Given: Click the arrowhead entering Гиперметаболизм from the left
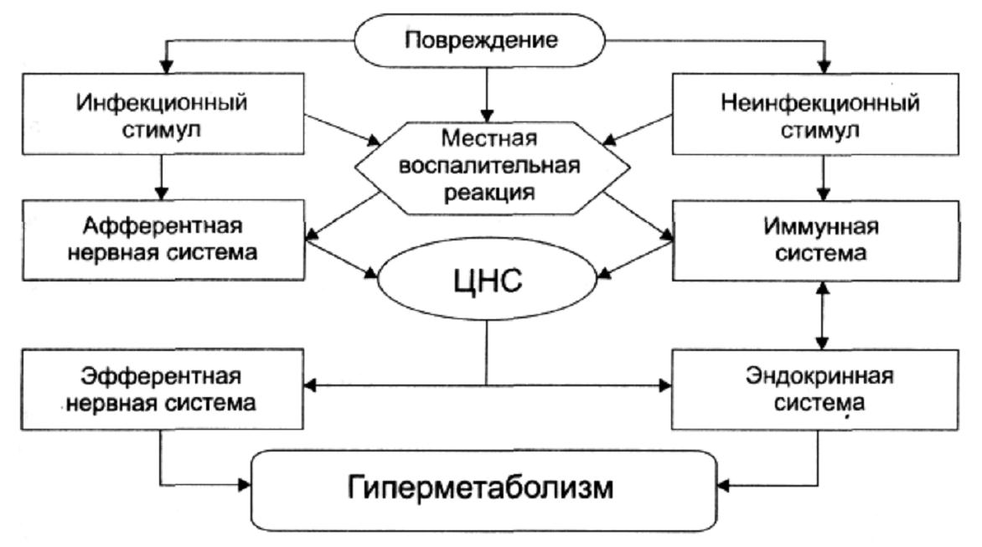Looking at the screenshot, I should click(245, 484).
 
